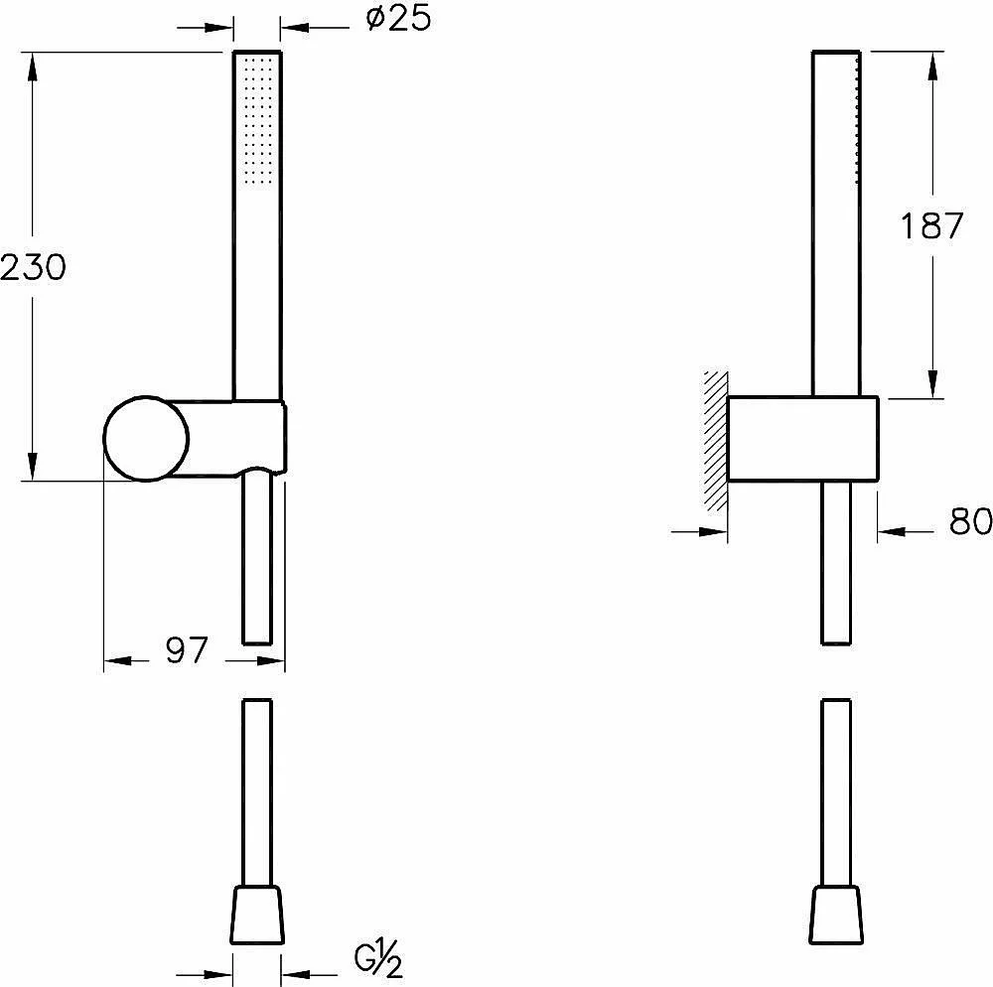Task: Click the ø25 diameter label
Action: (398, 19)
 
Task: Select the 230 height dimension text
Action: (33, 267)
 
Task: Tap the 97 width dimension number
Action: (187, 650)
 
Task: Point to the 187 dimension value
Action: (931, 225)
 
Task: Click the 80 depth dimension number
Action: (970, 521)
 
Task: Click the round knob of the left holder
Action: (146, 439)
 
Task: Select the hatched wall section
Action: (716, 442)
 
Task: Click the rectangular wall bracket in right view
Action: (802, 439)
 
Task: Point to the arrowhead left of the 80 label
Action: (713, 532)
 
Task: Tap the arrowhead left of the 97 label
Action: (118, 661)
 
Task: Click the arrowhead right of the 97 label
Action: (271, 661)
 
